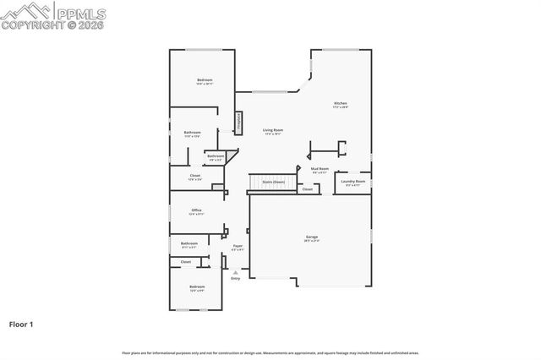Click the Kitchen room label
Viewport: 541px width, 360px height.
[x=341, y=103]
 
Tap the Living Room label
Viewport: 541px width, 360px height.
[x=272, y=130]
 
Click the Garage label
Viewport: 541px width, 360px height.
[x=312, y=237]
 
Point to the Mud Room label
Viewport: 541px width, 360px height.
[x=320, y=169]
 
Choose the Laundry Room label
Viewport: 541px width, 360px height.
[x=353, y=181]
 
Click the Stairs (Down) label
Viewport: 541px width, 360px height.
[x=273, y=182]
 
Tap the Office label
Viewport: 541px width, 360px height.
[x=196, y=210]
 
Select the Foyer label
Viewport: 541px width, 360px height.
[x=238, y=246]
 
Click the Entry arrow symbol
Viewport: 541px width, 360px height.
[x=236, y=272]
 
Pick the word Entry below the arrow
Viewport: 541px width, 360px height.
[x=236, y=279]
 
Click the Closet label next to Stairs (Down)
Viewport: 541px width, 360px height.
[x=307, y=189]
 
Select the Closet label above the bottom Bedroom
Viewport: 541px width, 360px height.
[x=186, y=262]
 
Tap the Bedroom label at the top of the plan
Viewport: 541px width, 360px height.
[x=205, y=80]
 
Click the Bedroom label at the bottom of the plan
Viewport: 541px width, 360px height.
[x=197, y=287]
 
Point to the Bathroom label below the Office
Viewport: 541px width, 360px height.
[x=189, y=243]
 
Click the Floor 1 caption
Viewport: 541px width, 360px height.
[x=21, y=324]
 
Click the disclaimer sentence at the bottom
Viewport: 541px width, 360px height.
[x=270, y=352]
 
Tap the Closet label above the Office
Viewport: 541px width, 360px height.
[x=194, y=176]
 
